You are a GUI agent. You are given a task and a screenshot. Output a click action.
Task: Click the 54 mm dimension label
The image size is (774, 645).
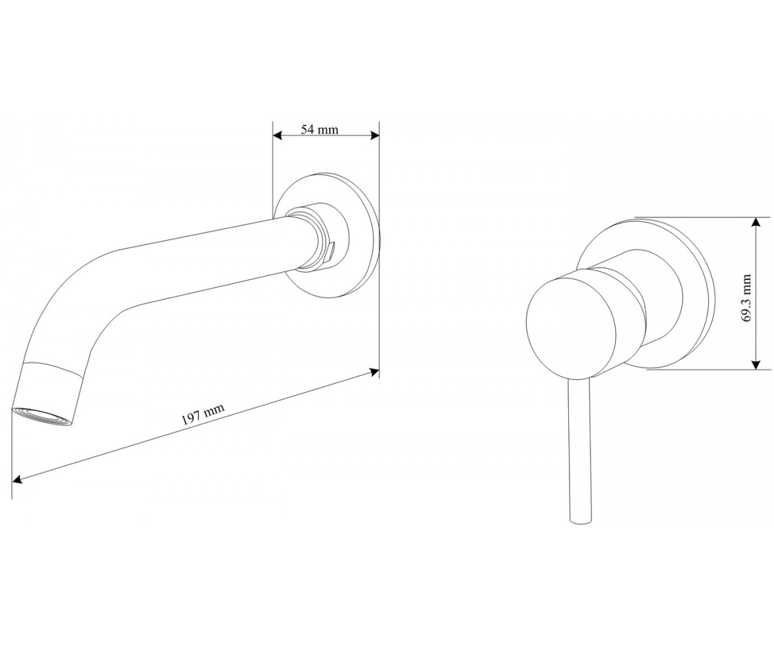[319, 130]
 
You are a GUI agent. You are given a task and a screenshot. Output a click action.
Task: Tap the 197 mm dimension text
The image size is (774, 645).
[203, 414]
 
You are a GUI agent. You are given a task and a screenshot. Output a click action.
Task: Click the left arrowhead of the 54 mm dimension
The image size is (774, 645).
[277, 135]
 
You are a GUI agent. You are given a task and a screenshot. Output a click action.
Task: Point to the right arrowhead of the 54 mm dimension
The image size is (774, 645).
[374, 135]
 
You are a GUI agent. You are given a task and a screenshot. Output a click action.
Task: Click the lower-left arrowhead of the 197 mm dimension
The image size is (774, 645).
[17, 479]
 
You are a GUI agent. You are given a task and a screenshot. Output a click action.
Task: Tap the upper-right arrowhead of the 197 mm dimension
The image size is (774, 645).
[374, 371]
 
